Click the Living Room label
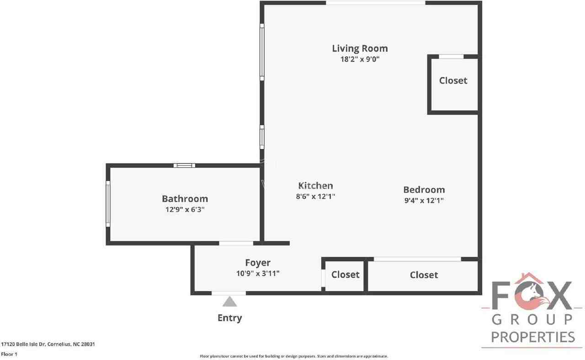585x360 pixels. coord(360,48)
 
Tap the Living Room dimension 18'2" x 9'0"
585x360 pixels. coord(360,59)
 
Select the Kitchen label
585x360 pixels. coord(315,185)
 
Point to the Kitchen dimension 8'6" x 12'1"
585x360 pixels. coord(315,196)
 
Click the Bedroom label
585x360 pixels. coord(424,190)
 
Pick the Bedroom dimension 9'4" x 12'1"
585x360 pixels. coord(424,200)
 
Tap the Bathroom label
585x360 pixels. coord(185,199)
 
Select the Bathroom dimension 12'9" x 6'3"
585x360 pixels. coord(185,210)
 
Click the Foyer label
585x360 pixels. coord(258,263)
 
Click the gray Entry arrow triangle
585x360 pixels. coord(229,302)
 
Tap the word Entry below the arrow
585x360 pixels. coord(229,318)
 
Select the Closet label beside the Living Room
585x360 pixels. coord(453,80)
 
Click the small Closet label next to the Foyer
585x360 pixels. coord(345,275)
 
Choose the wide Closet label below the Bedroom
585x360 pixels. coord(424,275)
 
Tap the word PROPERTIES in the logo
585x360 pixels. coord(533,337)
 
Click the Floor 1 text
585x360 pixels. coord(9,354)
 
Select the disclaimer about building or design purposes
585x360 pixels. coord(294,356)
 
